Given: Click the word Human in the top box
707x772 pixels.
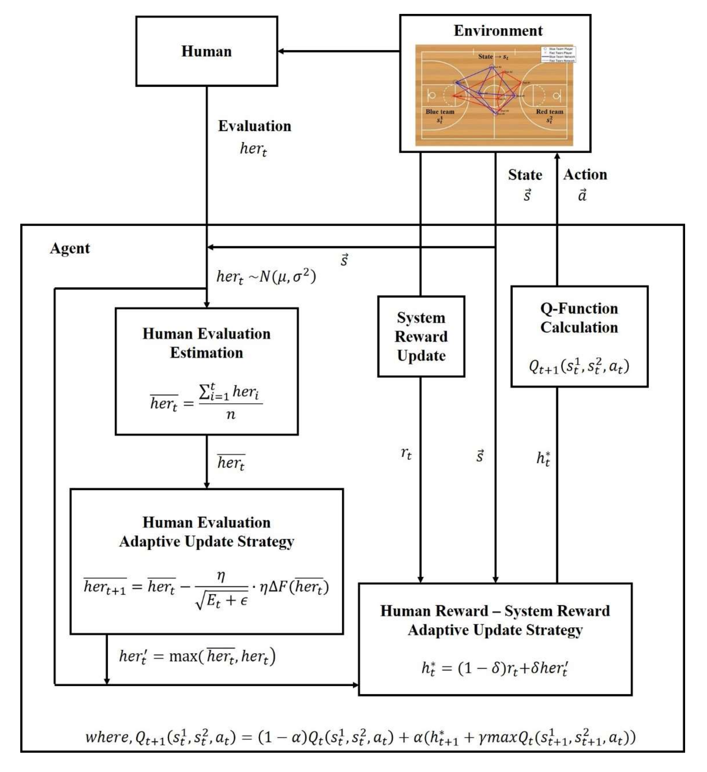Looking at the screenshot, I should (207, 51).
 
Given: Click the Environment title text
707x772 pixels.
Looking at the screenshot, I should (498, 31).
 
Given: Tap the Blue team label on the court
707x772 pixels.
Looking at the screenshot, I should (440, 112).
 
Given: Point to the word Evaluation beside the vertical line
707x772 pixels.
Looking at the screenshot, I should (255, 126).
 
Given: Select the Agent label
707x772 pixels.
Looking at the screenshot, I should (70, 249).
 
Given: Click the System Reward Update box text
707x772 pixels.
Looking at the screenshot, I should (421, 337).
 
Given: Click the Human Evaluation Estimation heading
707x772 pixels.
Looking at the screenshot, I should (207, 343).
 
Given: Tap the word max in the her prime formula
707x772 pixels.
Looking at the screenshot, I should (183, 656).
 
